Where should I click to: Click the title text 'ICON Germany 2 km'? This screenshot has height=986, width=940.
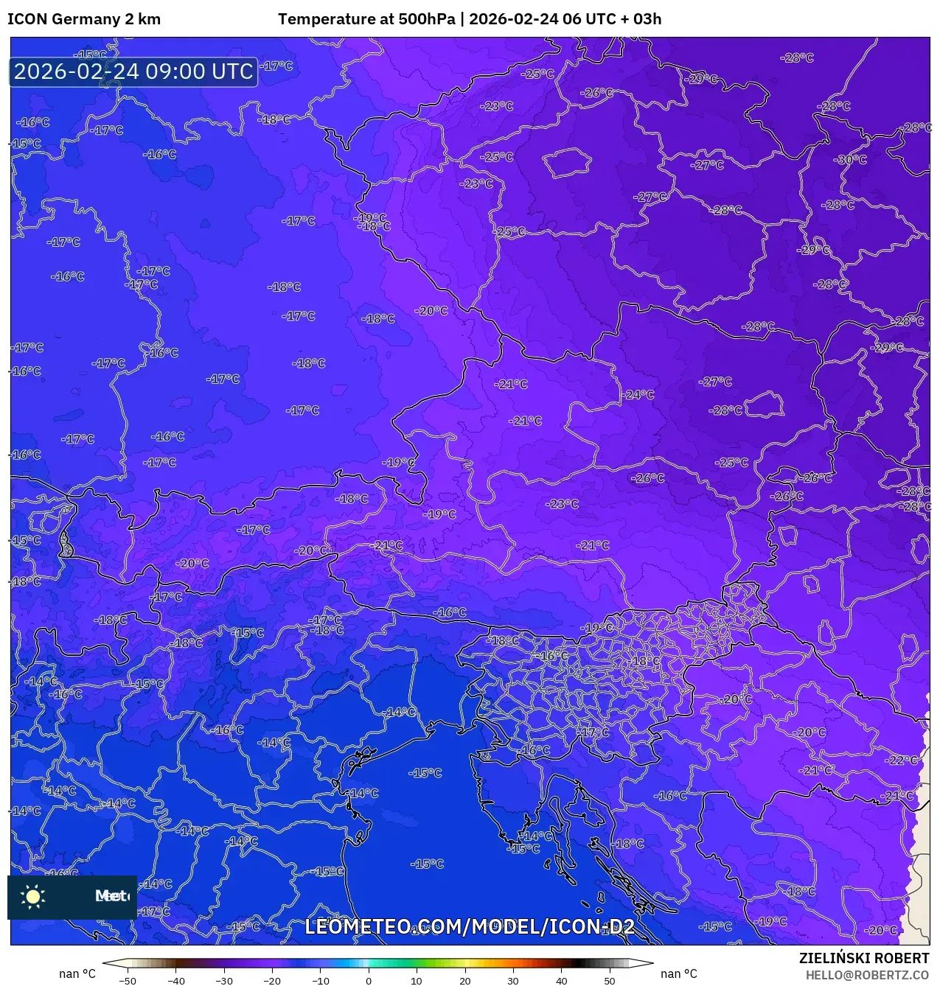click(x=84, y=19)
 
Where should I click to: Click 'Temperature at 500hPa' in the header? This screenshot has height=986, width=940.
click(x=366, y=19)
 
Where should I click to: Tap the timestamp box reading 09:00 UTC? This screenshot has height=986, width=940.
click(x=133, y=71)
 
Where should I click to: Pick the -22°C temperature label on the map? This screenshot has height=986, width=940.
click(x=902, y=760)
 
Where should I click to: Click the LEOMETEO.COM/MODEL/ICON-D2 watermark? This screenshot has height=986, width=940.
click(x=470, y=926)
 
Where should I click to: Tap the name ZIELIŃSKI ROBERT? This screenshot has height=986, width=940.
click(x=864, y=958)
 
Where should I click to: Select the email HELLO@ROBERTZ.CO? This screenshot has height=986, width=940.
click(x=867, y=975)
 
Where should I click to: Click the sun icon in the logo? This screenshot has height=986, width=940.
click(x=33, y=896)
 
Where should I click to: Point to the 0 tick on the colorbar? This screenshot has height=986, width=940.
click(x=369, y=981)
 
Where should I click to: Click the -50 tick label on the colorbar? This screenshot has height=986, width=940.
click(x=128, y=981)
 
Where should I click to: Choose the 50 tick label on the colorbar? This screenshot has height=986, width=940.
click(x=609, y=981)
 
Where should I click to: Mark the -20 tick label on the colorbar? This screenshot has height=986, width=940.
click(x=272, y=981)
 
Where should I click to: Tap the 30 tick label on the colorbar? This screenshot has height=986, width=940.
click(x=512, y=981)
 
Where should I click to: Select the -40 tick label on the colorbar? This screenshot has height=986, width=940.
click(x=175, y=981)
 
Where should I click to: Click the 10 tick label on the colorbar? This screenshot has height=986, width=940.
click(x=417, y=981)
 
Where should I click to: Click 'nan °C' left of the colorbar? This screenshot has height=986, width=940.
click(x=77, y=973)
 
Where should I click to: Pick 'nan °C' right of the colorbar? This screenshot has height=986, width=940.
click(x=678, y=973)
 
